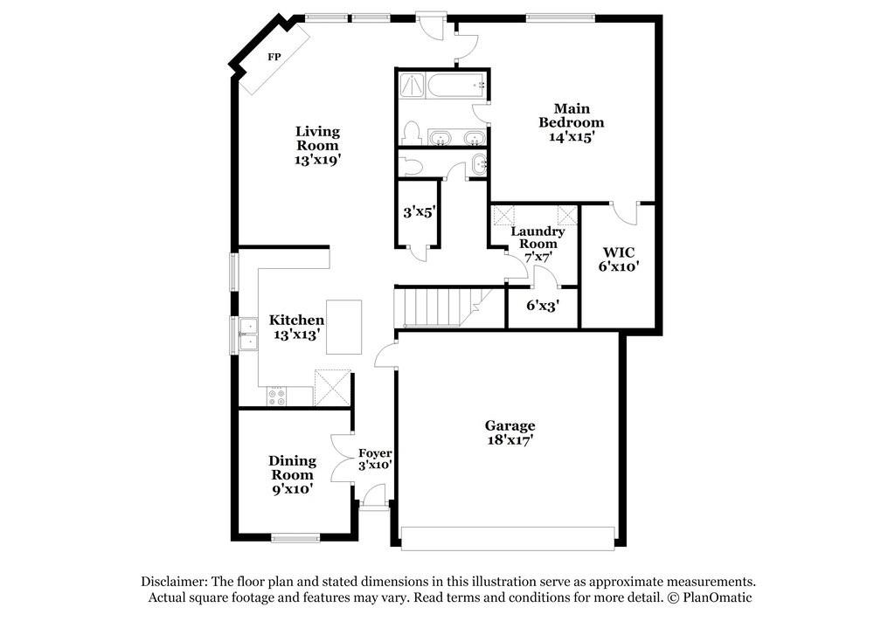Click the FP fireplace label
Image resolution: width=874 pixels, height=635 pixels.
(274, 57)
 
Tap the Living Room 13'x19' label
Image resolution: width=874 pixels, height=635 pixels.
(316, 146)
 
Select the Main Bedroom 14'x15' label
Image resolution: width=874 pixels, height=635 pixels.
(571, 123)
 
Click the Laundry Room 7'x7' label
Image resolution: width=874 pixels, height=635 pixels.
(538, 244)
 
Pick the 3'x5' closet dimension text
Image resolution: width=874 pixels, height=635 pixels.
(418, 211)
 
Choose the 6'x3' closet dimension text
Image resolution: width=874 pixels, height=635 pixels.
(542, 306)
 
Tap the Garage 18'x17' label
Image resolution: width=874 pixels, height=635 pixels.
(510, 432)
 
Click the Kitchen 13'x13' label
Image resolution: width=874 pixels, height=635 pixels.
(296, 327)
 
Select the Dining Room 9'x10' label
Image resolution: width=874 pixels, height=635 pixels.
(292, 474)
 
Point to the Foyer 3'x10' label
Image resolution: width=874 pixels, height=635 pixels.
(375, 459)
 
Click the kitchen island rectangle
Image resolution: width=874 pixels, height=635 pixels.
(344, 327)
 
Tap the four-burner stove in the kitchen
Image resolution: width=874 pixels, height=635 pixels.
(277, 397)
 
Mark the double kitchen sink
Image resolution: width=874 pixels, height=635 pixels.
(247, 334)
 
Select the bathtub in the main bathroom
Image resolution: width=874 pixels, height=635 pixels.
(455, 86)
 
